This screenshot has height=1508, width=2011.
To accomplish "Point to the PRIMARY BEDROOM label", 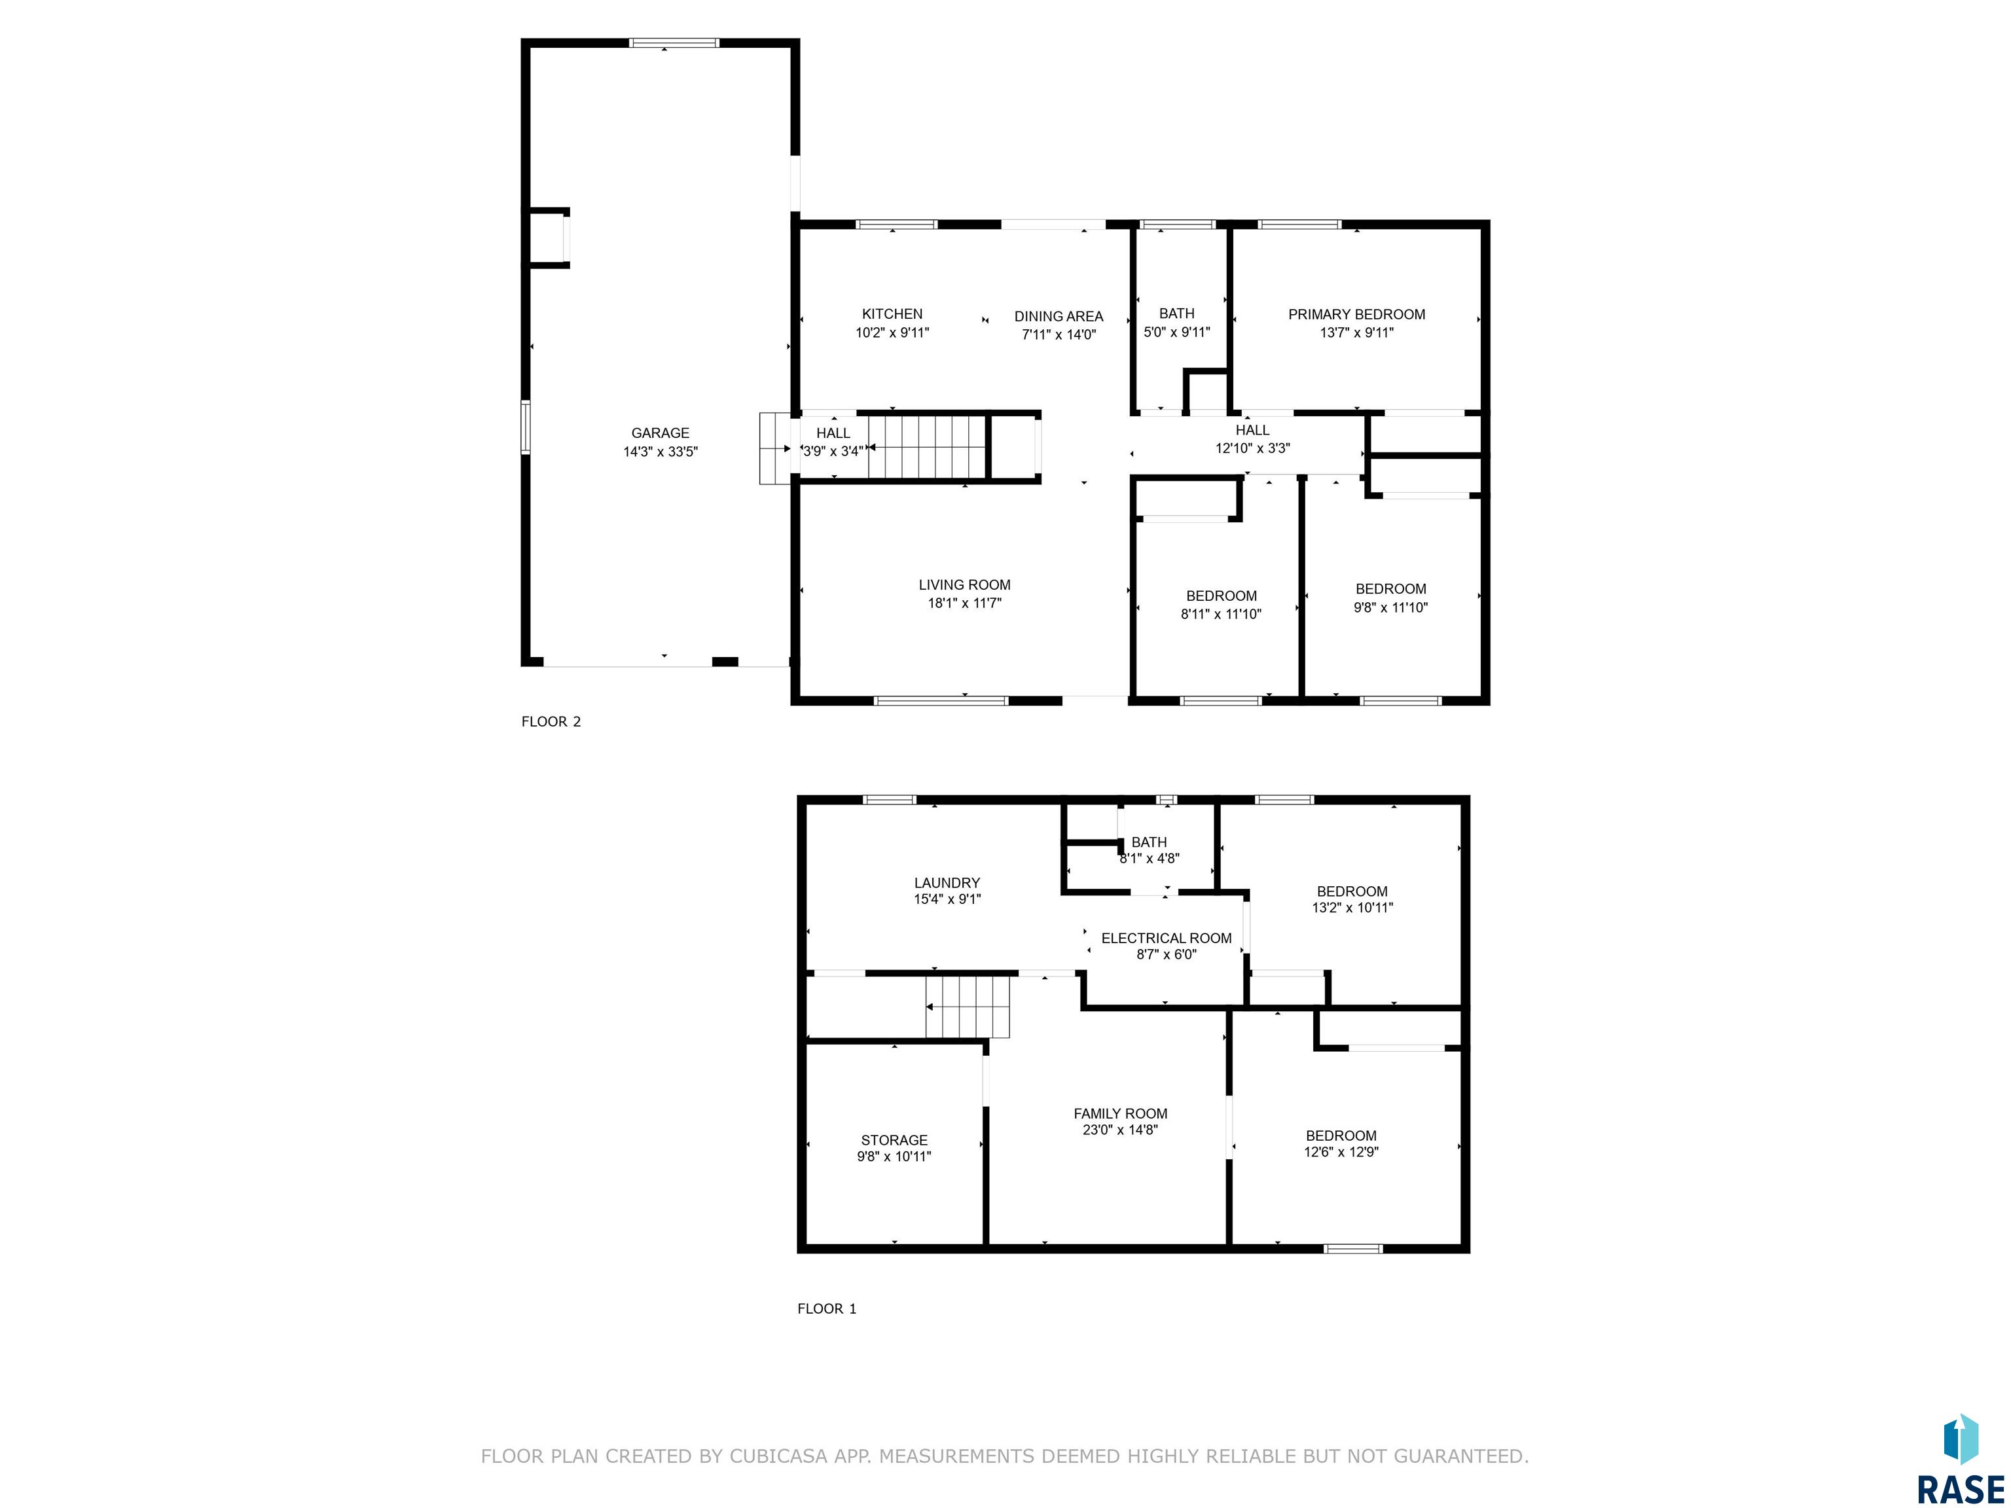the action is pos(1356,315).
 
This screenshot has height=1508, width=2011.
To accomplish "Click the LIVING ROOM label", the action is pos(965,585).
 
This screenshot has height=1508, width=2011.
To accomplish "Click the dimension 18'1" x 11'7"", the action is pos(965,603).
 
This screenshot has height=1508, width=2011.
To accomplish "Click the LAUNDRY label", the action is pos(947,883).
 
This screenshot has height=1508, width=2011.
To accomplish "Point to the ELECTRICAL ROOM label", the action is pos(1167,938).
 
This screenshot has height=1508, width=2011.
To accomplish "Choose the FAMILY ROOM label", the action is pos(1120,1113).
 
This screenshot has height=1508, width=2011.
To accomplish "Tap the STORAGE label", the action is pos(895,1140).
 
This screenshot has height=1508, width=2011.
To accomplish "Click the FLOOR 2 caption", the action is pos(551,722).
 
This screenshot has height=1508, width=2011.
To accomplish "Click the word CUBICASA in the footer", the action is pos(778,1456).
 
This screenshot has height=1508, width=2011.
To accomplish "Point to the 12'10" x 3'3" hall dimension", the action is pos(1253,448).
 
